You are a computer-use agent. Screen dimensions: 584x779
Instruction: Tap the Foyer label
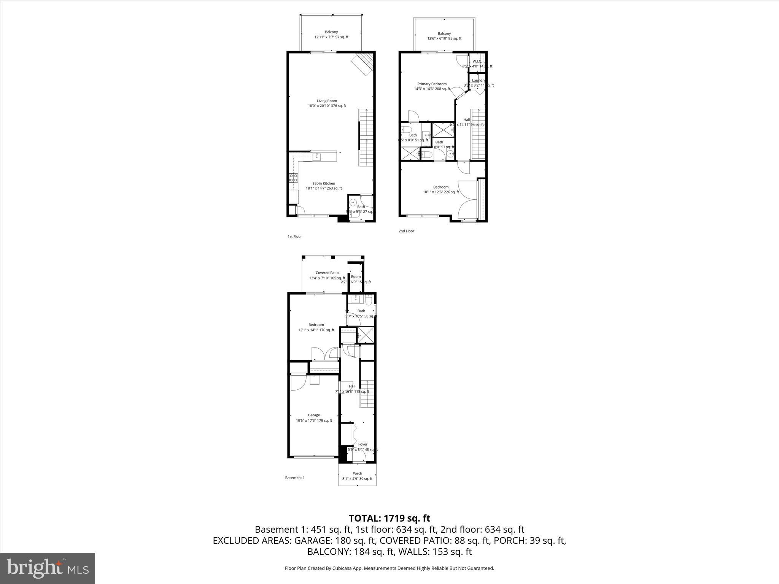click(362, 444)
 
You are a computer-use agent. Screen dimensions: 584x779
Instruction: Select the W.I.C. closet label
click(477, 61)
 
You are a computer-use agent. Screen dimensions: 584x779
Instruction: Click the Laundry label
click(479, 80)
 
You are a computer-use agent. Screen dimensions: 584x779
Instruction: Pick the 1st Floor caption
click(294, 236)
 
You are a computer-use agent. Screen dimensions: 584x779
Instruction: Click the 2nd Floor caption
click(406, 231)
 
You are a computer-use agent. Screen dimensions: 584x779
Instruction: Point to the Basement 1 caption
click(295, 478)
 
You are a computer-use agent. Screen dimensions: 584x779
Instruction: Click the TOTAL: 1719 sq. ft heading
click(389, 518)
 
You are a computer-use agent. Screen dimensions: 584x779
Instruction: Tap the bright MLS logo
click(48, 568)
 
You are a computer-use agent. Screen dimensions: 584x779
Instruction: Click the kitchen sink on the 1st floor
click(316, 156)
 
